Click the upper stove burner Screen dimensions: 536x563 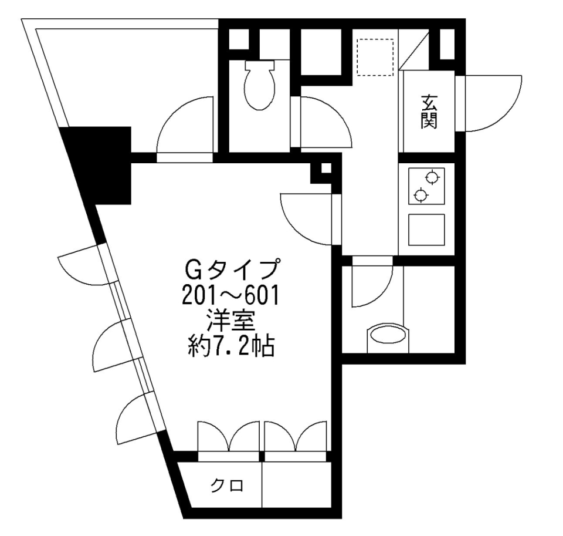(x=433, y=176)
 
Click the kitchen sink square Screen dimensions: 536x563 (x=426, y=230)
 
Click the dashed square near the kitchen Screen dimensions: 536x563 (x=375, y=57)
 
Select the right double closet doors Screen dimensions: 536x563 (x=295, y=437)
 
